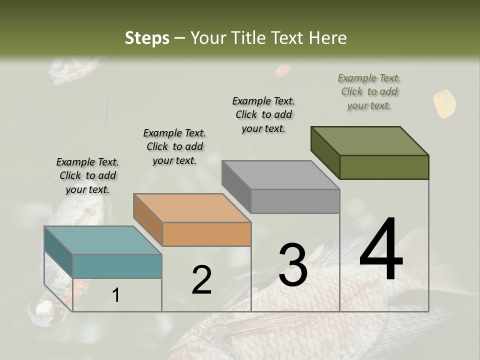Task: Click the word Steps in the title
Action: (147, 38)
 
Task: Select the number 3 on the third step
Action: (293, 265)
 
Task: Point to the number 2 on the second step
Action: (202, 280)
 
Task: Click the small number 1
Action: (116, 295)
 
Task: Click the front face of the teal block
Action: (117, 266)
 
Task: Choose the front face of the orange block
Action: (206, 234)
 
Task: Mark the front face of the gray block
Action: (295, 201)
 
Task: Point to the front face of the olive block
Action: (384, 167)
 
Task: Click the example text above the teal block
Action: (87, 175)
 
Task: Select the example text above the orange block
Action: (174, 146)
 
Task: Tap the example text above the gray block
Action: (263, 114)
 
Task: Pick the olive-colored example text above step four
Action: (369, 91)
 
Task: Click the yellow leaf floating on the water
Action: (444, 103)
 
